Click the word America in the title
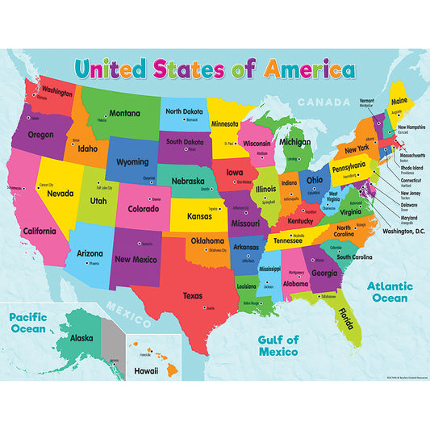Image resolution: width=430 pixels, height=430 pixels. [x=305, y=69]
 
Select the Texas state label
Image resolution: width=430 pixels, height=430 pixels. [x=192, y=295]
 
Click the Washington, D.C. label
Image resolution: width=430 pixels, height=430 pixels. [x=386, y=232]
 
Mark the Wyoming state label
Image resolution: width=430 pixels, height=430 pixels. [x=132, y=161]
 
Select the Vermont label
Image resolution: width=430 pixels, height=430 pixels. [x=366, y=101]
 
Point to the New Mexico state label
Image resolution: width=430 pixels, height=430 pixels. [x=135, y=259]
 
